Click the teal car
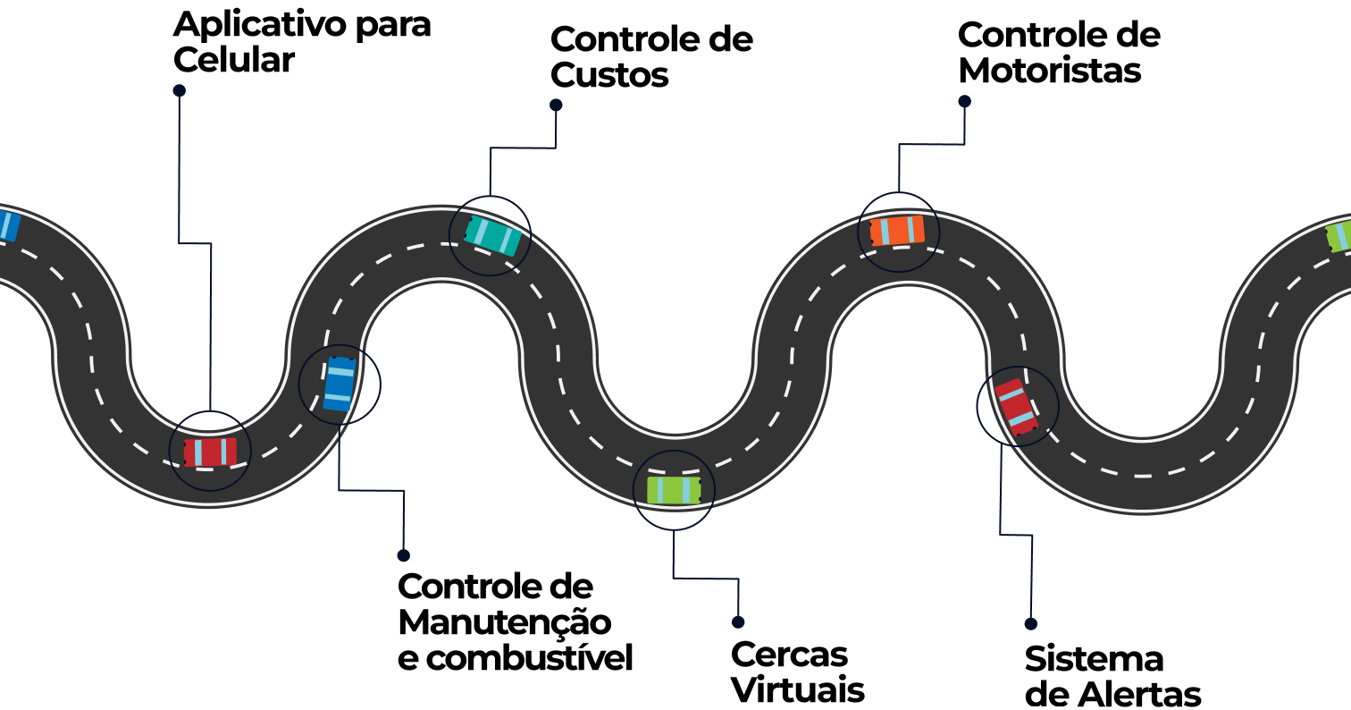tap(492, 235)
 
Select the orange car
tap(897, 231)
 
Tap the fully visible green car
tap(674, 490)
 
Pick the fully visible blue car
tap(339, 385)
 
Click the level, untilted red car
tap(210, 452)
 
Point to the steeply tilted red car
tap(1017, 407)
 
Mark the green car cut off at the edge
tap(1338, 236)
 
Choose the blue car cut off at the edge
tap(7, 224)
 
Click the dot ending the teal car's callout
tap(556, 105)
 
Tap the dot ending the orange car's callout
tap(964, 102)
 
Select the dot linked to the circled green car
tap(738, 622)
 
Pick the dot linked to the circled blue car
tap(403, 555)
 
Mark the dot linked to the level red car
tap(179, 90)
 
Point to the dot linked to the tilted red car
tap(1030, 624)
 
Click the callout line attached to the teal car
tap(523, 148)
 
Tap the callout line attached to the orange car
tap(931, 144)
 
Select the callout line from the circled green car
tap(706, 579)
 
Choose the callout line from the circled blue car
tap(371, 490)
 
